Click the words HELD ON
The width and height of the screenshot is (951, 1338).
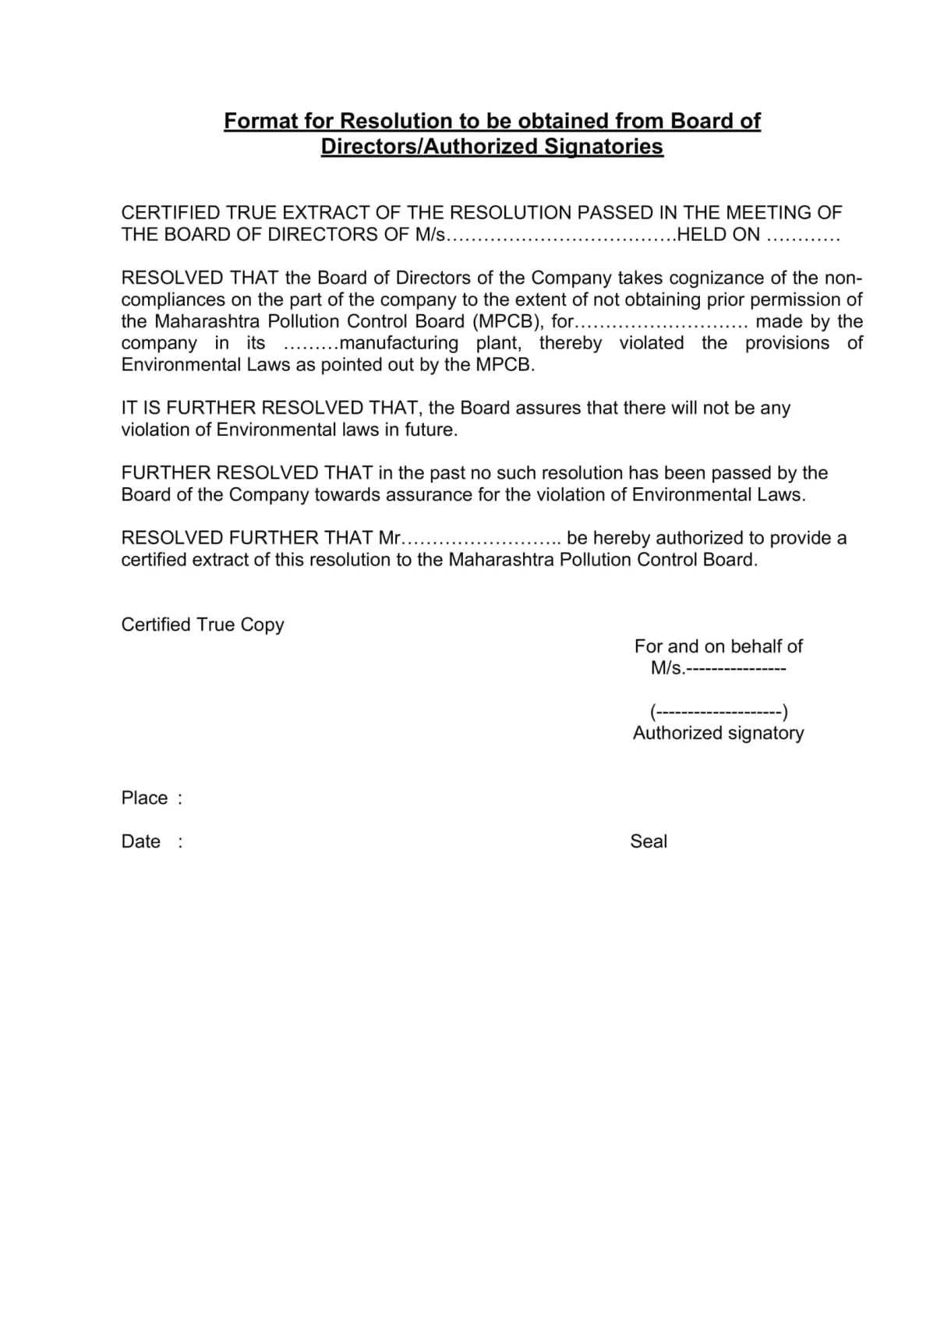click(x=718, y=235)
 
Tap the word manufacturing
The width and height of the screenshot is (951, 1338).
click(x=399, y=343)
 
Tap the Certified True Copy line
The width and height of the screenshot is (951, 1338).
click(x=203, y=625)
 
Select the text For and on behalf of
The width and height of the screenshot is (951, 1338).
click(x=718, y=646)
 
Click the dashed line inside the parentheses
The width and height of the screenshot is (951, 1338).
click(x=719, y=712)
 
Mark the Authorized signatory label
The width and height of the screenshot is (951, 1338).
click(x=718, y=733)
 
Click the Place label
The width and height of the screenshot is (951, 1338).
click(x=144, y=798)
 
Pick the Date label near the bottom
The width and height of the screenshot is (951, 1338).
click(x=141, y=841)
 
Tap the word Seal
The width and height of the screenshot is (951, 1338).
click(x=649, y=841)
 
